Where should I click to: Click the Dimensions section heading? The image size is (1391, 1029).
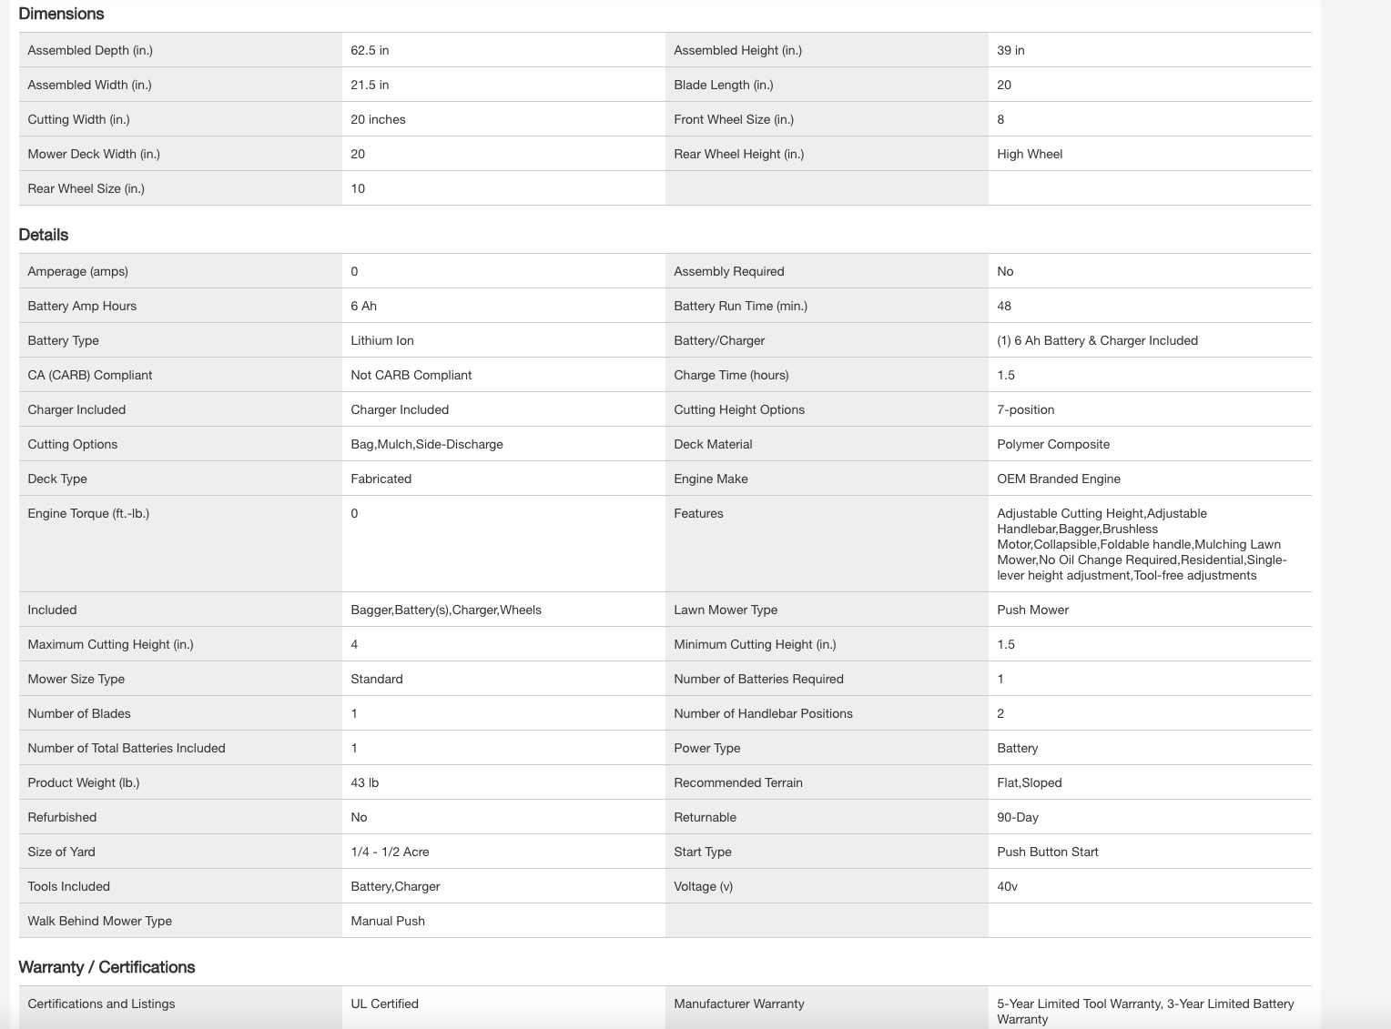coord(61,14)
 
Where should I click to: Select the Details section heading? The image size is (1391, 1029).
coord(44,235)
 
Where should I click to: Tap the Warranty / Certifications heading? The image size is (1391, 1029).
coord(107,967)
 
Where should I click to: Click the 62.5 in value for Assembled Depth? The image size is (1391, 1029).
coord(370,50)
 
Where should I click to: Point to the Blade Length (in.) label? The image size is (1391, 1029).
coord(723,85)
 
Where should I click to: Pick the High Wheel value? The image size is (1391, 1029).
coord(1030,154)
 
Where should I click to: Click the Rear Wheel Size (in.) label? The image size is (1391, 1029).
coord(86,188)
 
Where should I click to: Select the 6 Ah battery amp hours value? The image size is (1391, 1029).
coord(363,306)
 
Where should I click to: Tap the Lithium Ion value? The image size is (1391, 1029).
coord(381,340)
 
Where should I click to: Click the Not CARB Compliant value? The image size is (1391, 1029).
coord(411,375)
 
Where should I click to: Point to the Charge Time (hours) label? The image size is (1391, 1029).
coord(731,375)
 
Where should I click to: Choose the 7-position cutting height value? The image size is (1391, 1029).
coord(1025,409)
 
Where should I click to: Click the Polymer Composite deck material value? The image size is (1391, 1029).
coord(1053,444)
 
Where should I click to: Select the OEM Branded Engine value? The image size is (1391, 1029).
coord(1058,479)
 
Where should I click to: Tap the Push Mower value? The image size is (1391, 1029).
coord(1032,610)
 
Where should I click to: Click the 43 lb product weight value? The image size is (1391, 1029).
coord(364,782)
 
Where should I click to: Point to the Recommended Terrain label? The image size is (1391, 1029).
coord(737,782)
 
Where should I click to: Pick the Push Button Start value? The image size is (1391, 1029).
coord(1047,852)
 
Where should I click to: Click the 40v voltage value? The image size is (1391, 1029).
coord(1007,886)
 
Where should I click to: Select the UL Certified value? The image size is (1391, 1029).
coord(384,1004)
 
